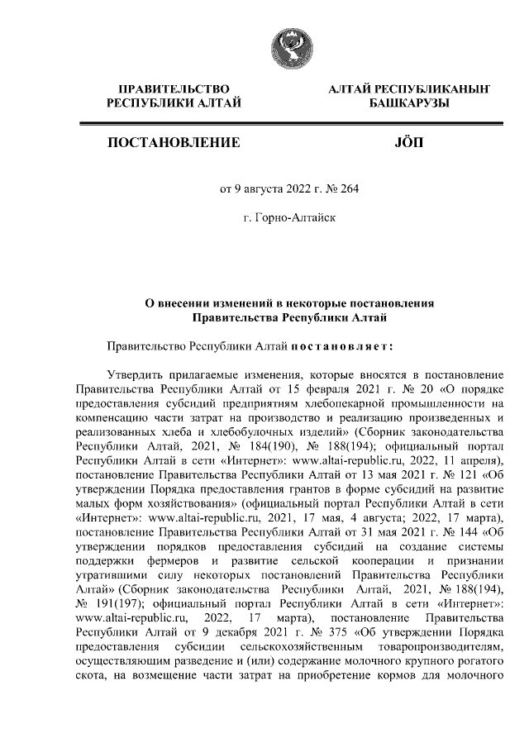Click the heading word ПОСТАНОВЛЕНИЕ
[174, 143]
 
